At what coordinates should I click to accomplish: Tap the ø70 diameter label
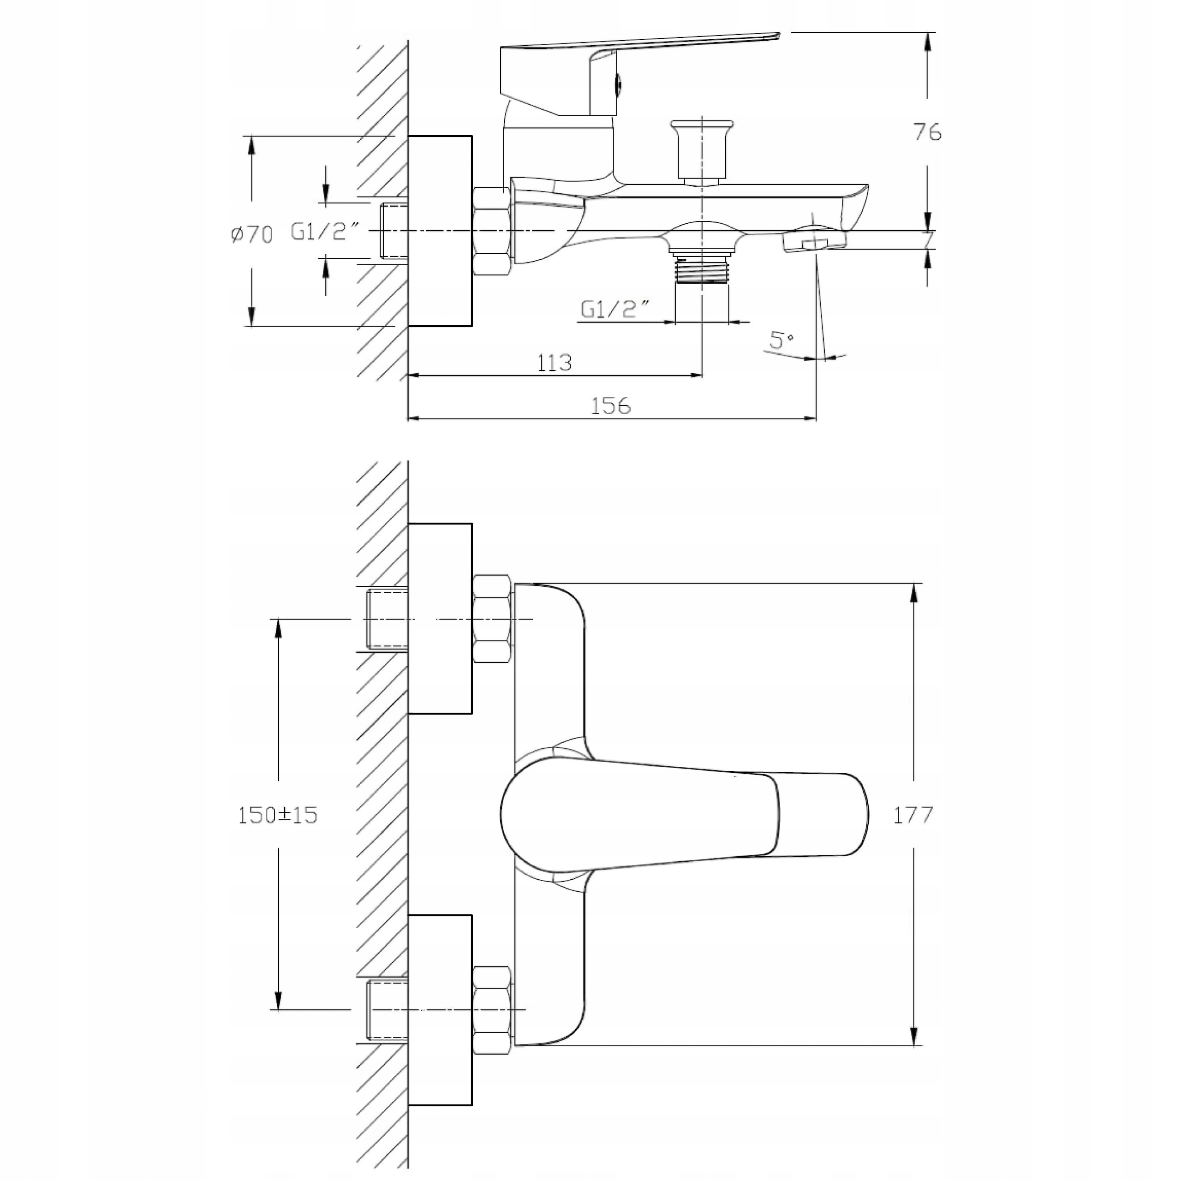tap(252, 233)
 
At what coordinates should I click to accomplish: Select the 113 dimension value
tap(555, 363)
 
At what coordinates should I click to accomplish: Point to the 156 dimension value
tap(611, 406)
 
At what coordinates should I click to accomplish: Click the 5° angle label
tap(781, 340)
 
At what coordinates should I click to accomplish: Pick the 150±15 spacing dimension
tap(278, 815)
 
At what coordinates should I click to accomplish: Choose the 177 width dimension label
tap(913, 815)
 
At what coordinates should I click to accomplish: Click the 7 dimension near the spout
tap(929, 239)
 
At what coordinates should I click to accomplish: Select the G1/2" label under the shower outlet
tap(615, 310)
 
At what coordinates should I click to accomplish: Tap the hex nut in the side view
tap(491, 231)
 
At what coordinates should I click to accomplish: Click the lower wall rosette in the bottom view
tap(440, 1010)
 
